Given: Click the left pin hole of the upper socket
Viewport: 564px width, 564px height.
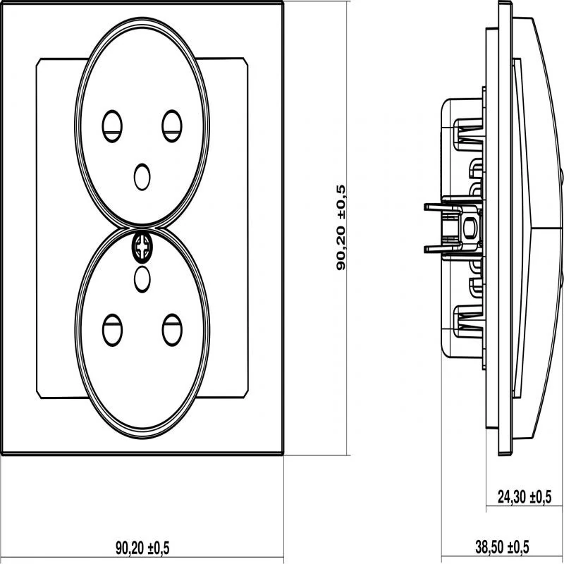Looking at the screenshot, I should click(x=112, y=125).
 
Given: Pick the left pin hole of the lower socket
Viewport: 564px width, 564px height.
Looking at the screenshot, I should click(x=112, y=329).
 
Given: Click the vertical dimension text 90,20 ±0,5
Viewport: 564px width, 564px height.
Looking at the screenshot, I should click(x=341, y=228).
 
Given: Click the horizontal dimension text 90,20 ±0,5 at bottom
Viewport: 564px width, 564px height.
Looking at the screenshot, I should click(x=142, y=546).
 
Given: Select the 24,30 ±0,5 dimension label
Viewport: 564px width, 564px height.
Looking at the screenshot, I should click(x=524, y=497).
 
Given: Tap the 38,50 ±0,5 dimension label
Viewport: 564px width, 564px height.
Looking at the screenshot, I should click(x=501, y=546).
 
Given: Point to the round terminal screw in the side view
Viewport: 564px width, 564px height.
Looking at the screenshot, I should click(x=467, y=227).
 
